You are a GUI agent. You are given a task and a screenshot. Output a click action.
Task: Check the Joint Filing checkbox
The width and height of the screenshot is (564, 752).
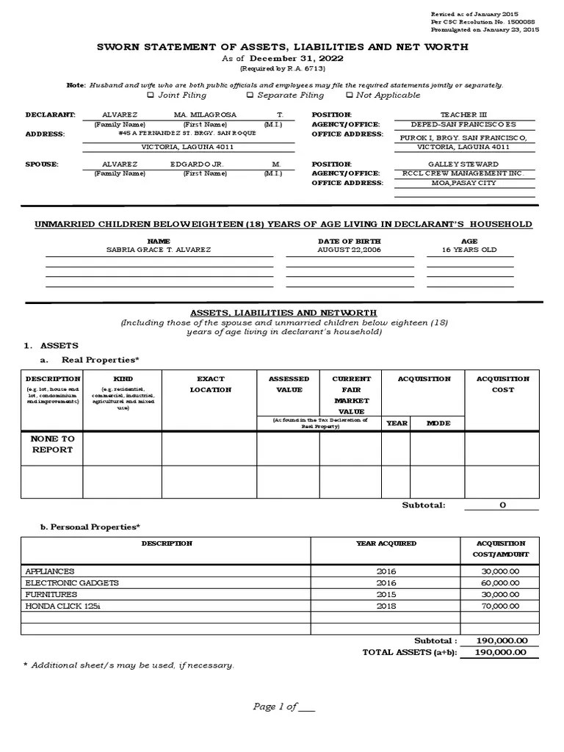151,95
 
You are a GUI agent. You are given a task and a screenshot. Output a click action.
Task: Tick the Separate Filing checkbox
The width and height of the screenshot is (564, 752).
250,95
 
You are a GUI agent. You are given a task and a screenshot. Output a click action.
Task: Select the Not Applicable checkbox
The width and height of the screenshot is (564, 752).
349,95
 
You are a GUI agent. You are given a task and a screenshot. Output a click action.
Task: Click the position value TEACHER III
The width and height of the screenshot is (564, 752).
463,115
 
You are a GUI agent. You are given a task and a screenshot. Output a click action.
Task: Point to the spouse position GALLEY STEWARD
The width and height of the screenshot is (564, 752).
463,164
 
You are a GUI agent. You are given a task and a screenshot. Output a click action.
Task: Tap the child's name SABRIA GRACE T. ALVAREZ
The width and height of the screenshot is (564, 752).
159,250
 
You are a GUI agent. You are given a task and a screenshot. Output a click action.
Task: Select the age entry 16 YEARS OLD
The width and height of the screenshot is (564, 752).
469,250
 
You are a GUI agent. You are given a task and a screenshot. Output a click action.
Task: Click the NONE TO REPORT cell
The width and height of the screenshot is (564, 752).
51,444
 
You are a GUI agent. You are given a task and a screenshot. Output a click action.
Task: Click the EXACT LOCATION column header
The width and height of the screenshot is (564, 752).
210,384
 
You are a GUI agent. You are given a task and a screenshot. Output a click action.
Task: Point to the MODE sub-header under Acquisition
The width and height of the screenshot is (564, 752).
438,423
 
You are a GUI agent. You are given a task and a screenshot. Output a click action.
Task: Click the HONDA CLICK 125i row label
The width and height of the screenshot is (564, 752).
58,606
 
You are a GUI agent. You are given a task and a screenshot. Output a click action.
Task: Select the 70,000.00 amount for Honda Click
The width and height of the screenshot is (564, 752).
501,606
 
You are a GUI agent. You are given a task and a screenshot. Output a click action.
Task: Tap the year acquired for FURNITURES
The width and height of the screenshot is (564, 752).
386,594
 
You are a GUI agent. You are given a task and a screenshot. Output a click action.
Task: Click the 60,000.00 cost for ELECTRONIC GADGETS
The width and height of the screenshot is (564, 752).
501,582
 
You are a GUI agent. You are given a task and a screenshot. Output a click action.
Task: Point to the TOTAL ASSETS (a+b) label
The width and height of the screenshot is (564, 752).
409,652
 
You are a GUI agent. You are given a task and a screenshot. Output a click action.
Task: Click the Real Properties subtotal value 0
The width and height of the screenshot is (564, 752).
502,505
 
